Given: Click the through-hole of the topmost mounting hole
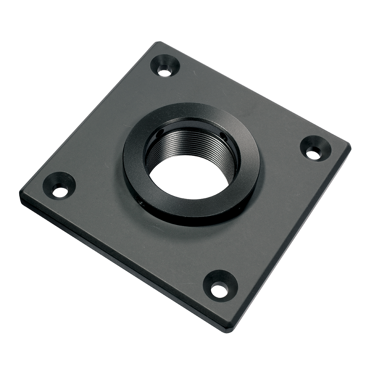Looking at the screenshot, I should click(x=164, y=71).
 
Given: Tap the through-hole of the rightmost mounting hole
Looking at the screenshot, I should click(x=313, y=153).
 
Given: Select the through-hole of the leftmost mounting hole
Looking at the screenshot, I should click(x=60, y=192).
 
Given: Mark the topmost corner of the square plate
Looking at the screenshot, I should click(x=159, y=43).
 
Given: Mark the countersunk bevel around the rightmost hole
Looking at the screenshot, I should click(x=322, y=144).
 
